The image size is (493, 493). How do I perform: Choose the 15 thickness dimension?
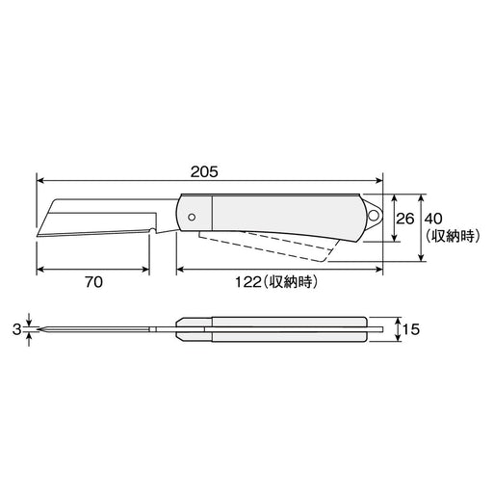412,329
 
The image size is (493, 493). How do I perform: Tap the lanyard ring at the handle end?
375,210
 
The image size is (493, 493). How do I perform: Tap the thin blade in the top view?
96,329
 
